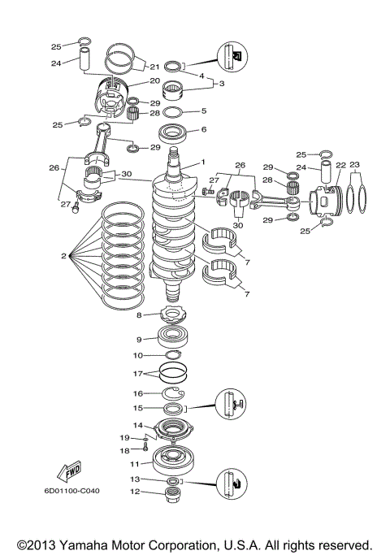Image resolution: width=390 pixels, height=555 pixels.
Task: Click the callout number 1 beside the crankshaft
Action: click(204, 162)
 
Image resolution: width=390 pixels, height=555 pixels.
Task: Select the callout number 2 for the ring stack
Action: click(63, 256)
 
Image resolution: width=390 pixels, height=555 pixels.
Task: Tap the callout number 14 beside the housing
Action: click(138, 425)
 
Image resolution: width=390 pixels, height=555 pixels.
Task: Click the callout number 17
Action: click(138, 374)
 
